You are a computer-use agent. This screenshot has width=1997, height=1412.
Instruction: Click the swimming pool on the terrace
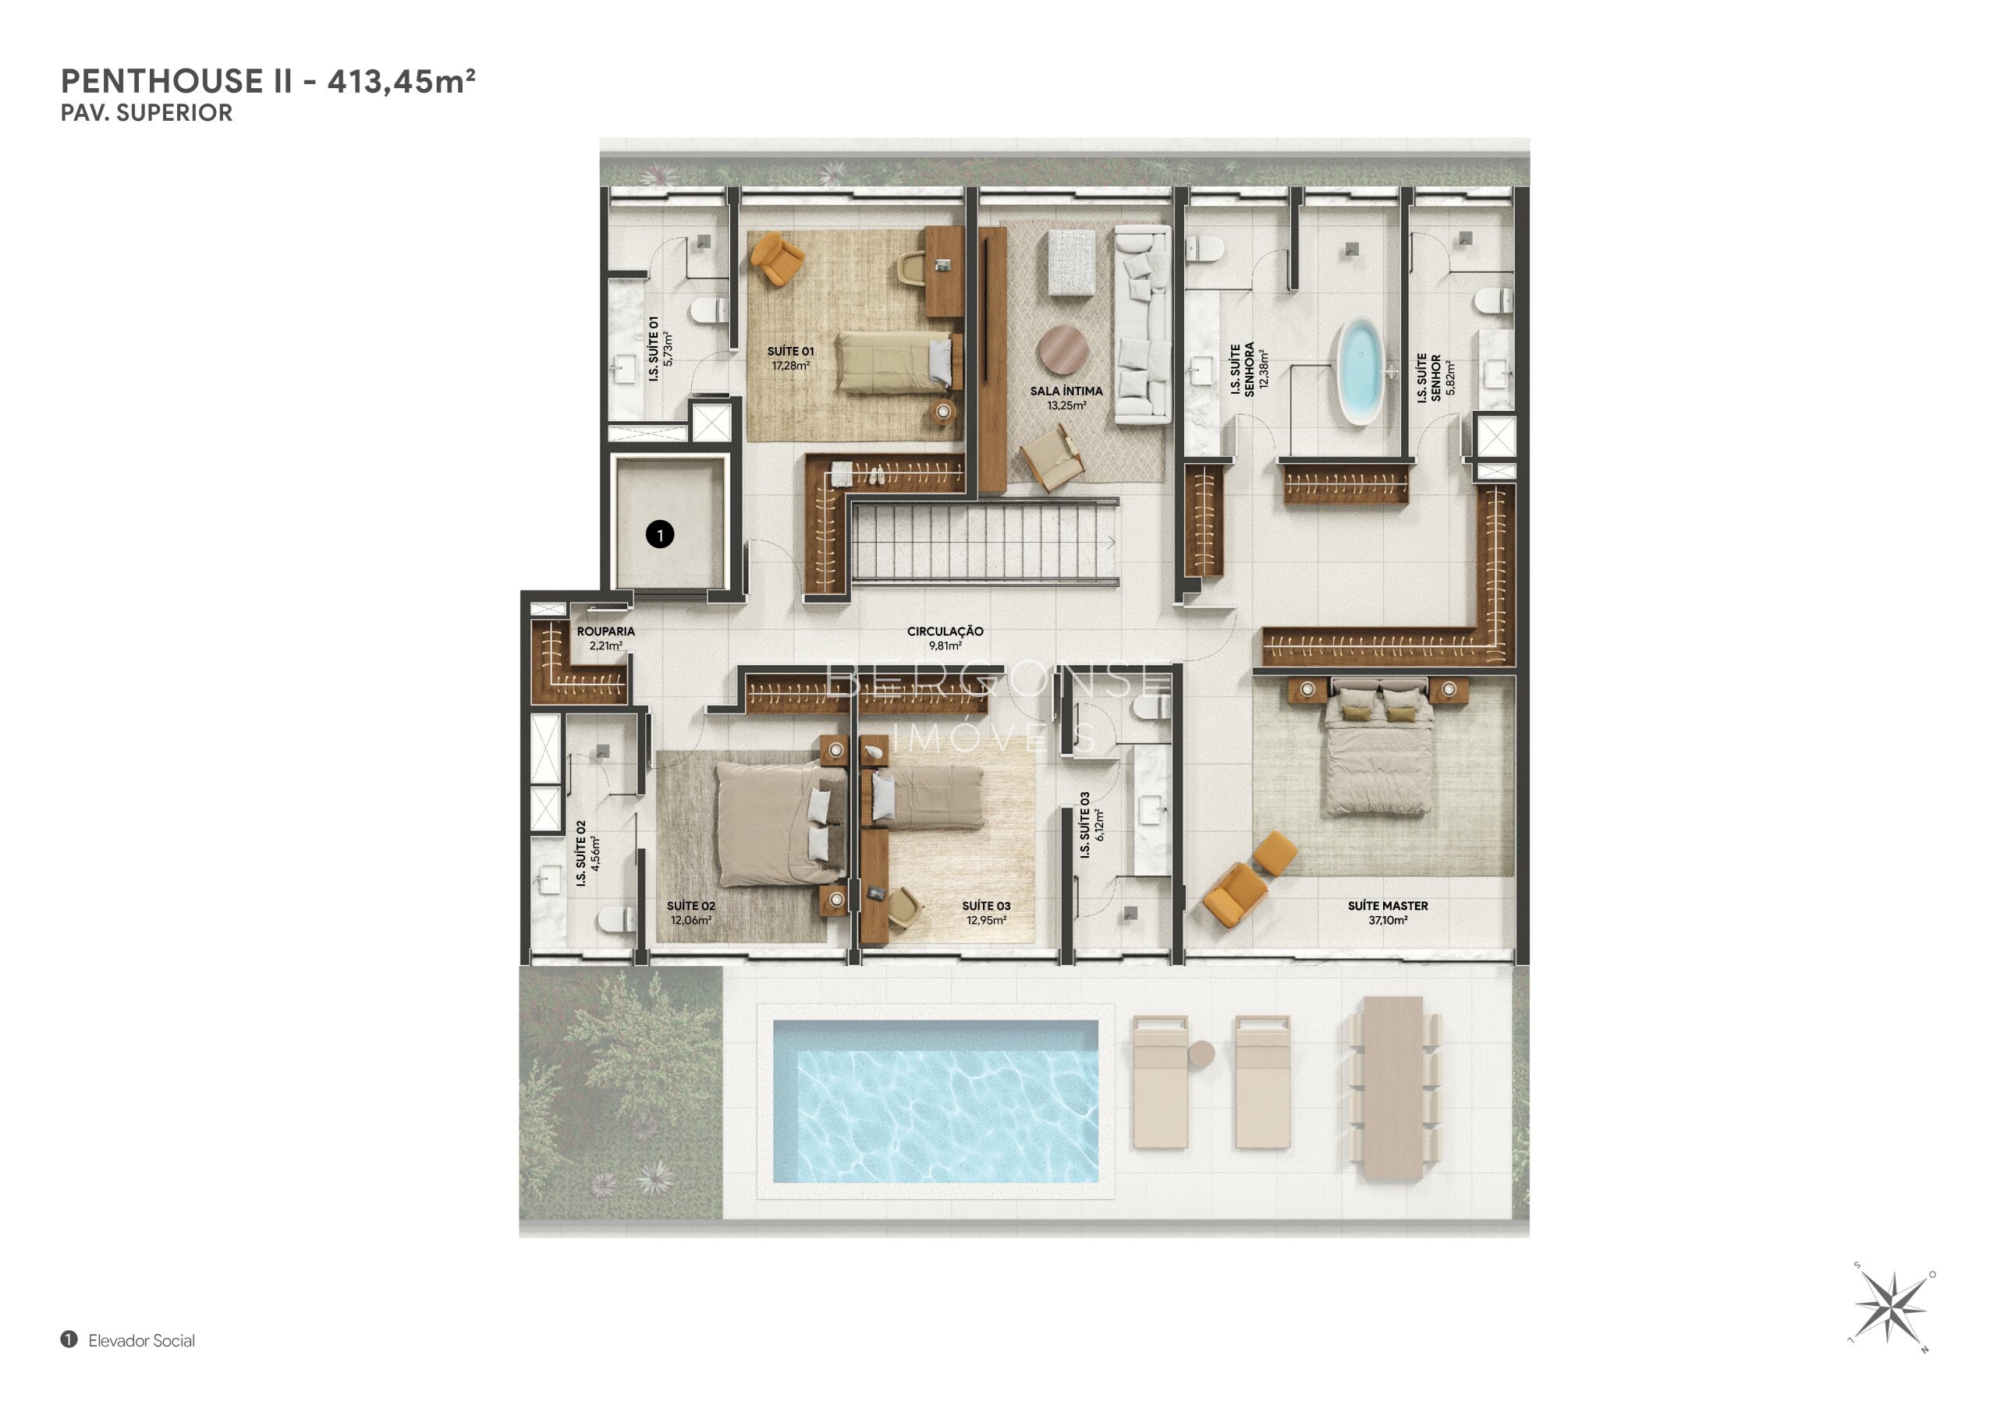935,1101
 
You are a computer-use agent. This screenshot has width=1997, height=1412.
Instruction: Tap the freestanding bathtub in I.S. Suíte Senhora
1360,371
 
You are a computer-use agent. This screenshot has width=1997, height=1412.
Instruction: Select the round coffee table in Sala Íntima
1063,349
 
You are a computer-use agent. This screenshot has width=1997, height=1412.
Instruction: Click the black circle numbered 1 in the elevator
660,534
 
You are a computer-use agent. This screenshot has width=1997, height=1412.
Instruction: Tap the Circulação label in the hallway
945,639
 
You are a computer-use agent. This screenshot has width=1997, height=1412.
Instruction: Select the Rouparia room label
605,639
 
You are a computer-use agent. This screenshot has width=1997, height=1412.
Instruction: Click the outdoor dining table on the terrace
1393,1088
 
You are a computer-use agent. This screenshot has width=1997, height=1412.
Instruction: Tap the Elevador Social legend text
142,1341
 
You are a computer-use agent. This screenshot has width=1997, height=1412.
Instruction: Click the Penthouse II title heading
268,81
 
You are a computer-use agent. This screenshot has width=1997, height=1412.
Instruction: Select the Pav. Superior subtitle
146,113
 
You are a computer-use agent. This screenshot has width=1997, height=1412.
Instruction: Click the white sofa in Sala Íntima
1143,324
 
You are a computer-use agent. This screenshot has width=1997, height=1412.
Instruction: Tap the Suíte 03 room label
986,912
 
